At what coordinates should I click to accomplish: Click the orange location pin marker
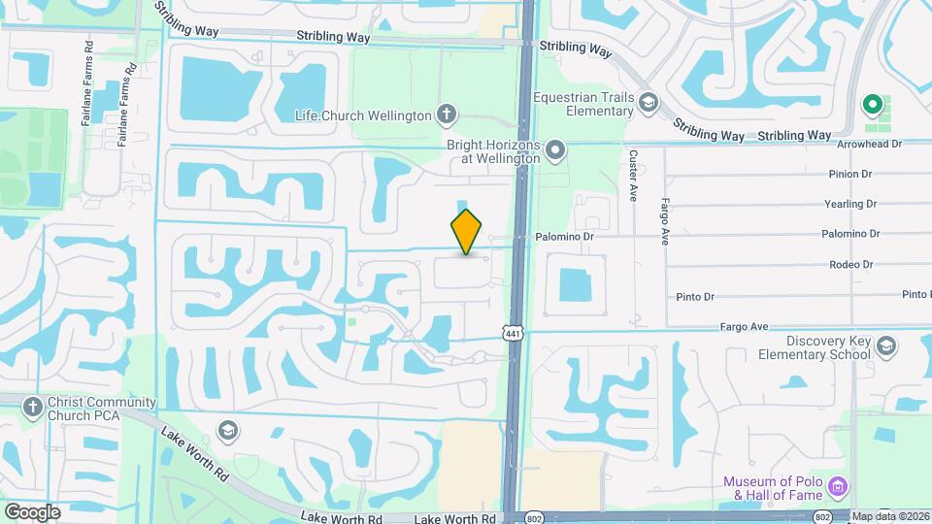467,231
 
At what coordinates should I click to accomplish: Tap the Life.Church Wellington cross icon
446,115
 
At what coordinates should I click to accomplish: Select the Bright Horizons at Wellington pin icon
555,149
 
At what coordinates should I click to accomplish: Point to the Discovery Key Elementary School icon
885,346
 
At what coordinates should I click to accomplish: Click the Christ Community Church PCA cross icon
31,408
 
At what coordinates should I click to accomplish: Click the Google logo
32,511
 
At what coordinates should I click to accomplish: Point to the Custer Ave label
632,176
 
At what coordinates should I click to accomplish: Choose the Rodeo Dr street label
851,264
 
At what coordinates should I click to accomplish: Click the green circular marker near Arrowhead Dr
872,104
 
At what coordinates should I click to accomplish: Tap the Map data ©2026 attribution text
891,516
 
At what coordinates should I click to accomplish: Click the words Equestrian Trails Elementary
583,105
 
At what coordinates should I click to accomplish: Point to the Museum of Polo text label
772,490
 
